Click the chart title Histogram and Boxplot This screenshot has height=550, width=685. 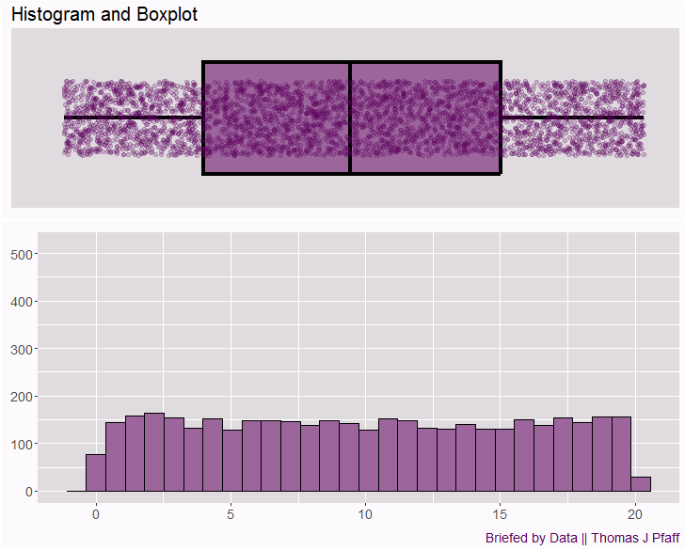pos(104,14)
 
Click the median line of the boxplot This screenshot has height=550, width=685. pos(350,118)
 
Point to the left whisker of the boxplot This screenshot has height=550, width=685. pos(133,118)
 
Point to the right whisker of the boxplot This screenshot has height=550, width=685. pos(572,118)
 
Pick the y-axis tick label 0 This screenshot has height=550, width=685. pos(31,492)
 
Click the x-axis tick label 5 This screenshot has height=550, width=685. pos(231,514)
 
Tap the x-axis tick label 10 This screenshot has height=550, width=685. pos(365,514)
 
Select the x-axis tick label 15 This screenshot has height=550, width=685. pos(500,514)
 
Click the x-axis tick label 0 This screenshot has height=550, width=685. pos(96,514)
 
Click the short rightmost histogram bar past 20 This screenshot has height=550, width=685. pos(641,484)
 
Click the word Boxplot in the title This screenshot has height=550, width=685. pos(167,14)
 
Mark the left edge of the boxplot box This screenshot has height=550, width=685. pos(203,118)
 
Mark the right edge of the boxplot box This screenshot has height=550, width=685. pos(501,118)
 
